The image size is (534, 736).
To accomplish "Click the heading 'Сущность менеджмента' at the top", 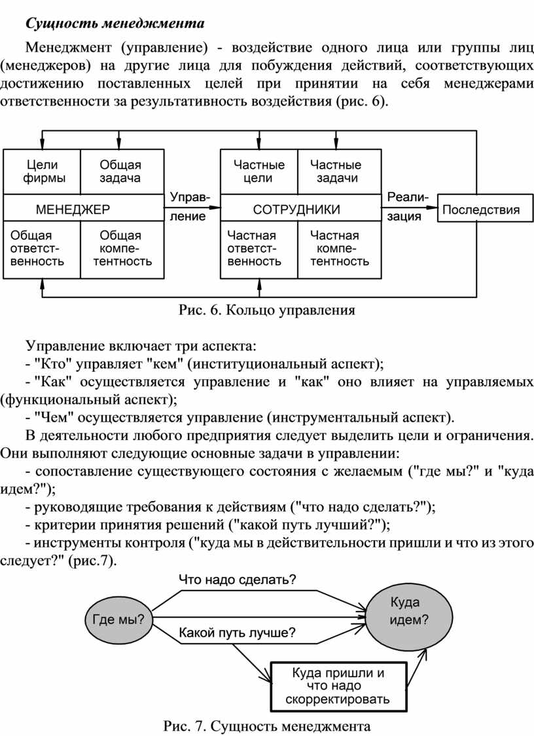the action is coord(115,23).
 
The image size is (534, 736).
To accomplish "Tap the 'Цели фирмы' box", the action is coord(43,172).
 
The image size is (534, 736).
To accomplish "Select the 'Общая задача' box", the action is coord(122,172).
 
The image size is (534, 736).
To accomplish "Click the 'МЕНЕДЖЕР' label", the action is coord(73,210).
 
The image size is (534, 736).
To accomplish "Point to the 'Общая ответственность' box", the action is coord(43,249).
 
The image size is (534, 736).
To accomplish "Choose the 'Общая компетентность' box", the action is coord(122,249).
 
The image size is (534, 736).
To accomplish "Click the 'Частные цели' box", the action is coord(259,172).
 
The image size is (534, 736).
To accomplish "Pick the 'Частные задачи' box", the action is coord(340,172).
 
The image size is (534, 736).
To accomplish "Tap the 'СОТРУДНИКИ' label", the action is coord(296,210).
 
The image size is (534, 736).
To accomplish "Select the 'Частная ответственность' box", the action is coord(259,249).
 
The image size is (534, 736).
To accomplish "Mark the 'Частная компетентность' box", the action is coord(340,249).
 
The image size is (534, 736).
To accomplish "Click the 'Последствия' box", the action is coord(485,209).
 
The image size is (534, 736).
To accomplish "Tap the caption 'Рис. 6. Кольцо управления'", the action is coord(267,310).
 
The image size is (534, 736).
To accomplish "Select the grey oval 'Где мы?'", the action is coord(118,619).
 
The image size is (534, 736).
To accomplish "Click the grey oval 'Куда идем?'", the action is coord(409,612).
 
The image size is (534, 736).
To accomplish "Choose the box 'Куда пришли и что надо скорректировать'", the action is coord(338,687).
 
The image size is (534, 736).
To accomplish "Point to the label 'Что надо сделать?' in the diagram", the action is coord(238,580).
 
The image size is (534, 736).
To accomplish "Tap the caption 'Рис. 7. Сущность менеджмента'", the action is coord(267,726).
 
